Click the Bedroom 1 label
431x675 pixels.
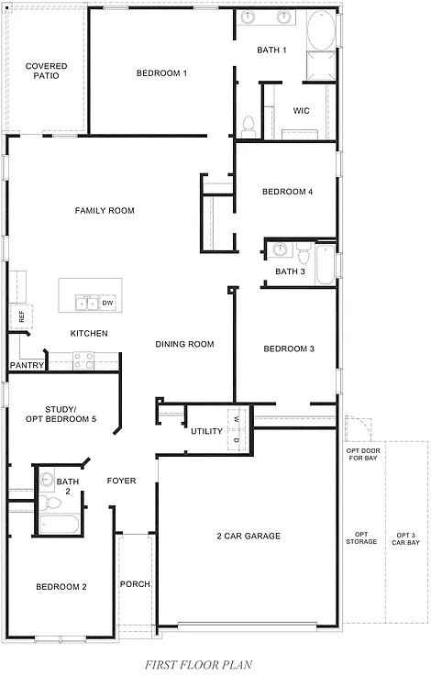coord(161,73)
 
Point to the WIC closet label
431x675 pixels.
coord(301,111)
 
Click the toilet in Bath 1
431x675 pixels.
coord(247,125)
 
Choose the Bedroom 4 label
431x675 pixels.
coord(287,192)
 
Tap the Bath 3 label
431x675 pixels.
coord(290,271)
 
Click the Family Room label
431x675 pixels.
coord(105,211)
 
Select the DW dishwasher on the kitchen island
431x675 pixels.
coord(107,303)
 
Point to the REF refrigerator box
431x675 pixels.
coord(19,316)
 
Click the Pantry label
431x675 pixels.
coord(26,365)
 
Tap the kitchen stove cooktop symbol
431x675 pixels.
coord(84,360)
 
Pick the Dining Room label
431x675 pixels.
coord(184,345)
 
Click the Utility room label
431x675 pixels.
coord(206,431)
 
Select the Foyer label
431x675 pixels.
coord(122,481)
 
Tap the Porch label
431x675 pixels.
coord(136,584)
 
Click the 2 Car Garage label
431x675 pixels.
coord(248,536)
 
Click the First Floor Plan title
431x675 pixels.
coord(199,663)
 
